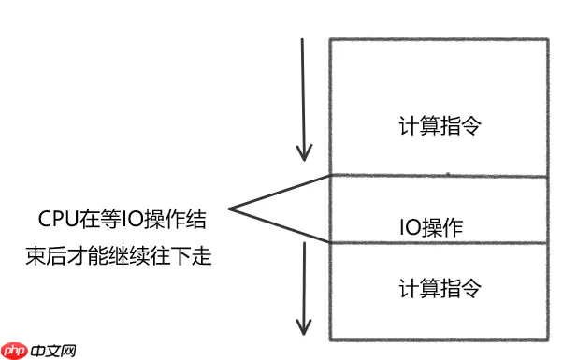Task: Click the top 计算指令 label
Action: pyautogui.click(x=439, y=126)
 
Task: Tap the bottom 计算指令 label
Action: pyautogui.click(x=439, y=288)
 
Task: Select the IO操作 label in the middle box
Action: pyautogui.click(x=432, y=226)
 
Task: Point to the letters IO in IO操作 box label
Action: pyautogui.click(x=409, y=226)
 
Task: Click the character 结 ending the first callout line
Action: pyautogui.click(x=195, y=220)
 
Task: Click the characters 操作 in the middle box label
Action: pyautogui.click(x=442, y=226)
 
